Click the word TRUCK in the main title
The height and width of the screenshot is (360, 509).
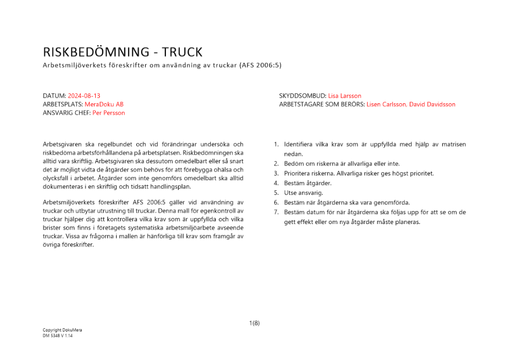pyautogui.click(x=182, y=52)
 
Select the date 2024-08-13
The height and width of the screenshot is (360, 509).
pyautogui.click(x=84, y=96)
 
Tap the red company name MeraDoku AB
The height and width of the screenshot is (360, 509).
pyautogui.click(x=104, y=104)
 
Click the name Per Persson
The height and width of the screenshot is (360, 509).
pyautogui.click(x=108, y=113)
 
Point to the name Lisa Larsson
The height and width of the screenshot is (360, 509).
pyautogui.click(x=345, y=96)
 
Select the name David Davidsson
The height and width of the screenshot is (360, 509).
pyautogui.click(x=432, y=104)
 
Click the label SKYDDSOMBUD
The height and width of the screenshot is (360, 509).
pyautogui.click(x=302, y=96)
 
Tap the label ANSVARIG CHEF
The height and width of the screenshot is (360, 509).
pyautogui.click(x=66, y=113)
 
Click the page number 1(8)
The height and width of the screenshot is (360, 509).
pyautogui.click(x=254, y=323)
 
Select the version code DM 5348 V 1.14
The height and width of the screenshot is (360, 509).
pyautogui.click(x=58, y=336)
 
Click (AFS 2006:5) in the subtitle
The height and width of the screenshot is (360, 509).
pyautogui.click(x=260, y=66)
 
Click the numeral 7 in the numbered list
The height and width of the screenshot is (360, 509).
pyautogui.click(x=276, y=212)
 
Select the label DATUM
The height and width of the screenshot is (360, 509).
pyautogui.click(x=54, y=96)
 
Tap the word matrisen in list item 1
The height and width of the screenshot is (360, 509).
pyautogui.click(x=454, y=145)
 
